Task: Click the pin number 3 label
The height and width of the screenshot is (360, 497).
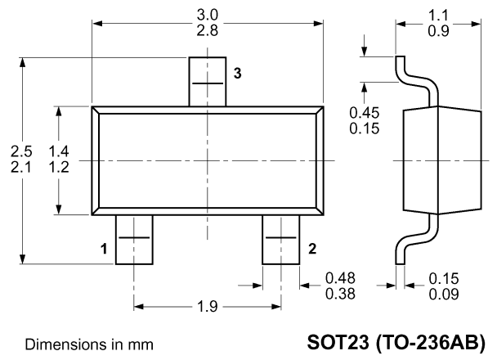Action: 237,74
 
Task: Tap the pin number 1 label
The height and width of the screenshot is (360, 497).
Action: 104,249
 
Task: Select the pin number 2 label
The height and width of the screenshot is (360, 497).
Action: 312,249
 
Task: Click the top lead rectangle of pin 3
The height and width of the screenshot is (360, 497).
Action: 208,82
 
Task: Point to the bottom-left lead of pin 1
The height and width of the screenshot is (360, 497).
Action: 134,240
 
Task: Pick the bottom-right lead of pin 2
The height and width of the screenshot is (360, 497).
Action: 281,240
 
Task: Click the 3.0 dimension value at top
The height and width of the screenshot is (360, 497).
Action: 208,15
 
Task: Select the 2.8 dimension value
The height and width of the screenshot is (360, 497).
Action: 208,31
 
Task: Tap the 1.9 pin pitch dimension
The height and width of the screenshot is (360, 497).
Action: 208,307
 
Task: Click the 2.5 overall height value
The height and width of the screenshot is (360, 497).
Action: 21,151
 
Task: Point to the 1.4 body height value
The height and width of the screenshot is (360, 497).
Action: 59,151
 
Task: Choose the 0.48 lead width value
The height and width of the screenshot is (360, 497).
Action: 340,278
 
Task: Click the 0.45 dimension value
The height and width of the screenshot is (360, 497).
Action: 365,113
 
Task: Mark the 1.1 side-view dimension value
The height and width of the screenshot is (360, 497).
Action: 438,15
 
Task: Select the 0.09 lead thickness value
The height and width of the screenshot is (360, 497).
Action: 444,295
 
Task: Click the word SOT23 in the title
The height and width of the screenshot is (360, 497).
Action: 338,342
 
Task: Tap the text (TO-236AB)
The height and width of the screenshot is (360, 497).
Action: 430,343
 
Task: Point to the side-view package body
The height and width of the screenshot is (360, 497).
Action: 442,160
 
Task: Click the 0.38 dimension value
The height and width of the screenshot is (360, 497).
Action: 340,295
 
